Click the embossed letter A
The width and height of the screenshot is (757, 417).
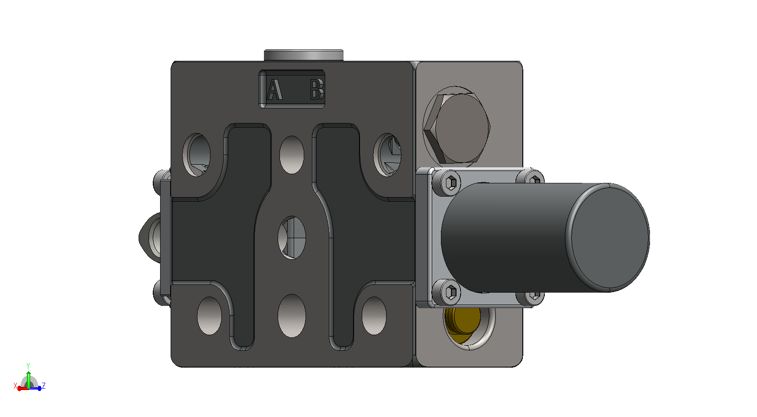point(274,90)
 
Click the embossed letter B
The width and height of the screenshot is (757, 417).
point(317,90)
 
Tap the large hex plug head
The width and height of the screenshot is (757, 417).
point(456,128)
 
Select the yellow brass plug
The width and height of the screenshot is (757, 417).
point(462,324)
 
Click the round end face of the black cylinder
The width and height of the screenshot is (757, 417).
point(610,238)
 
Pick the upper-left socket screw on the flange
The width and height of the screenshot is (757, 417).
point(451,183)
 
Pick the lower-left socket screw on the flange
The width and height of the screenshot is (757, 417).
point(451,292)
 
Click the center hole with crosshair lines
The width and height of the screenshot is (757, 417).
point(292,238)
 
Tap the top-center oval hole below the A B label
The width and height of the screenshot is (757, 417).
point(292,155)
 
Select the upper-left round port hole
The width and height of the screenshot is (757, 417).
point(197,155)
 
